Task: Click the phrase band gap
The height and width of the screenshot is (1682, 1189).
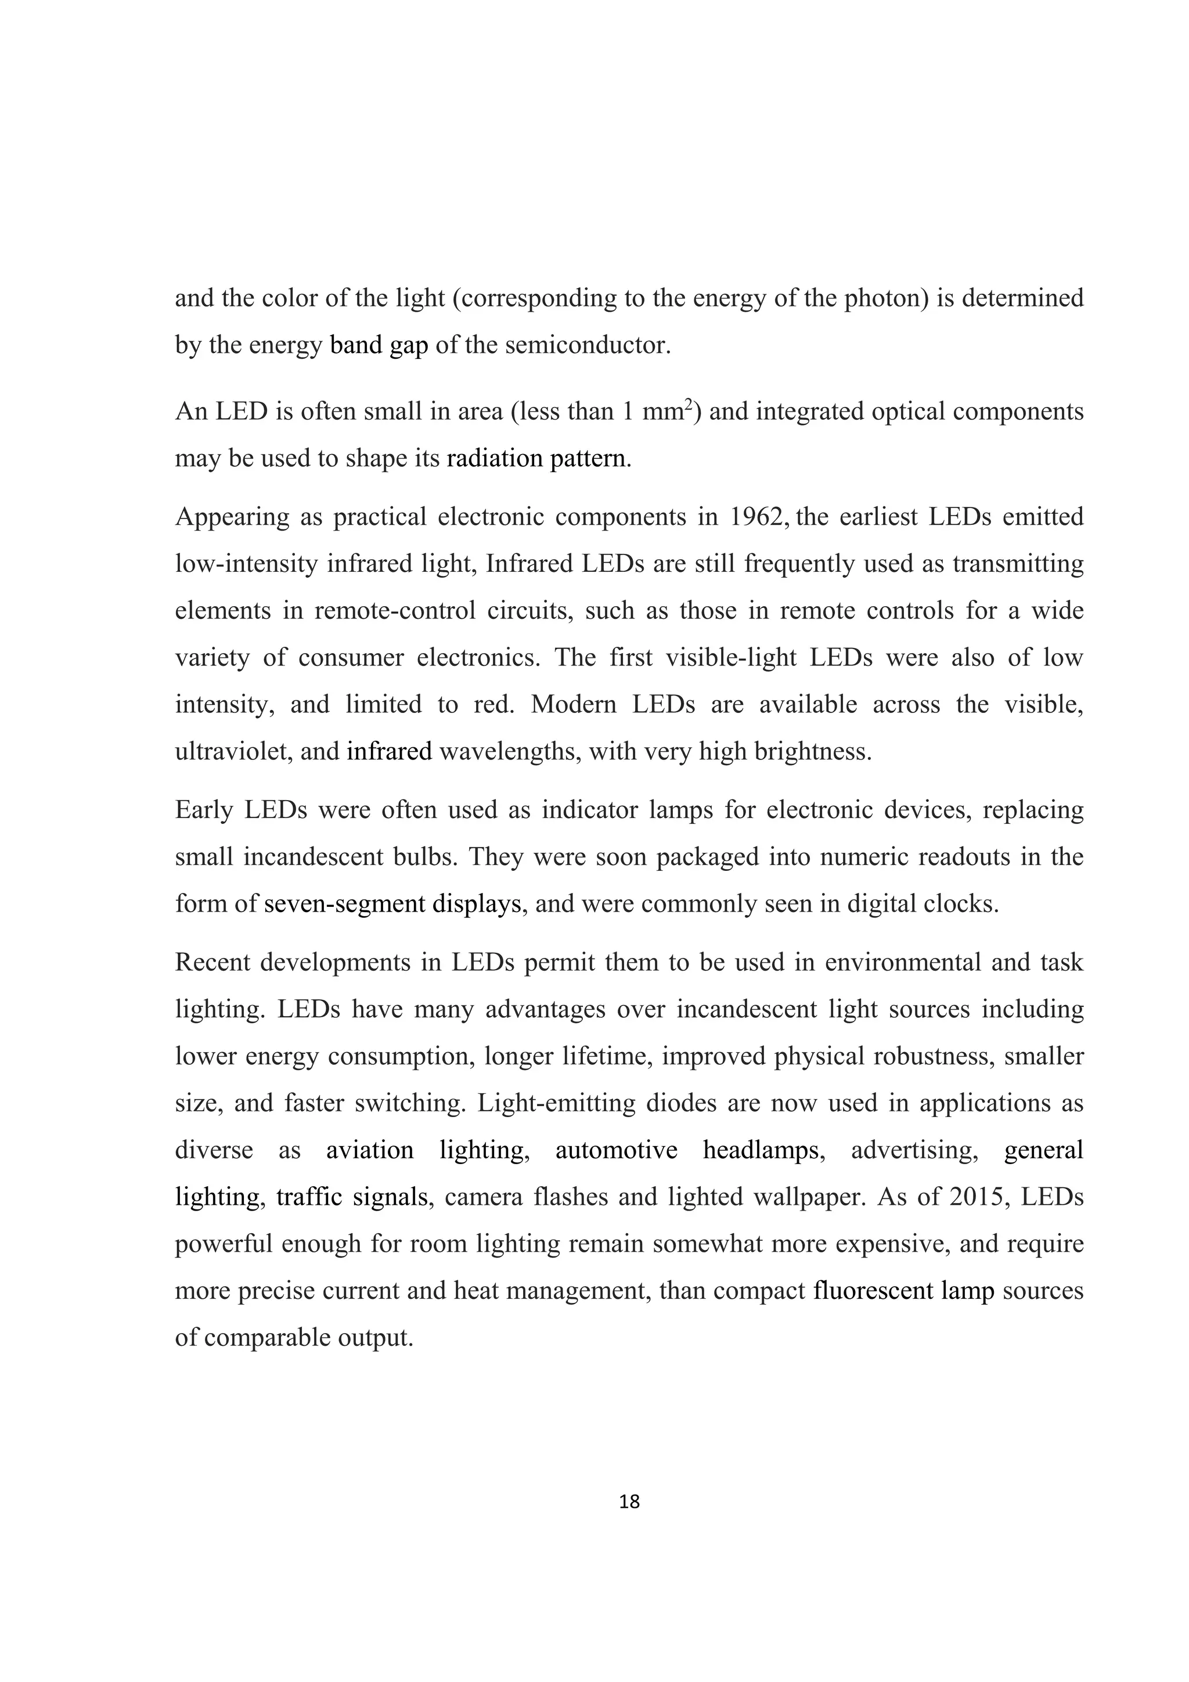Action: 379,345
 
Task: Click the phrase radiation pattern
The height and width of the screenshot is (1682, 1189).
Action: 537,459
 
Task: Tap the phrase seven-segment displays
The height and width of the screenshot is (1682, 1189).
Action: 392,904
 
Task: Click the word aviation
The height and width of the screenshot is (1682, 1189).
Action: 369,1150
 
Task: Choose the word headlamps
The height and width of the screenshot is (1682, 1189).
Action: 760,1150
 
